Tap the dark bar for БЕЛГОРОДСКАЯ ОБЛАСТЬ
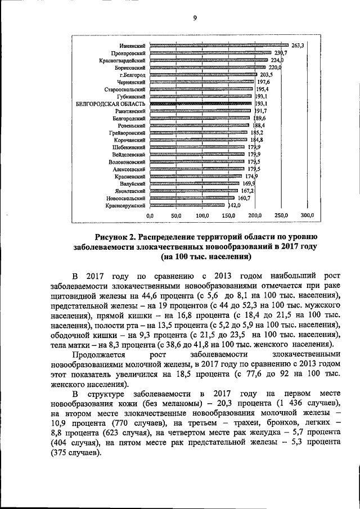pos(200,103)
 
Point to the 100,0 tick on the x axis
pos(202,216)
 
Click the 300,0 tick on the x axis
pos(307,216)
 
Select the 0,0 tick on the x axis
pos(150,216)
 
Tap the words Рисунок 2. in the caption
pos(115,236)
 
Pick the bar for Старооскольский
pos(201,89)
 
